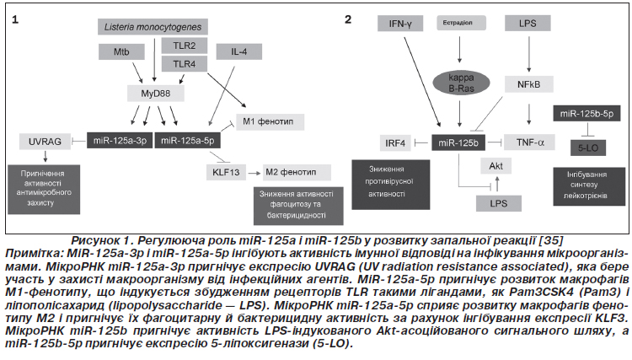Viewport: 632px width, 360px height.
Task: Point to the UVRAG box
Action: (42, 142)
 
